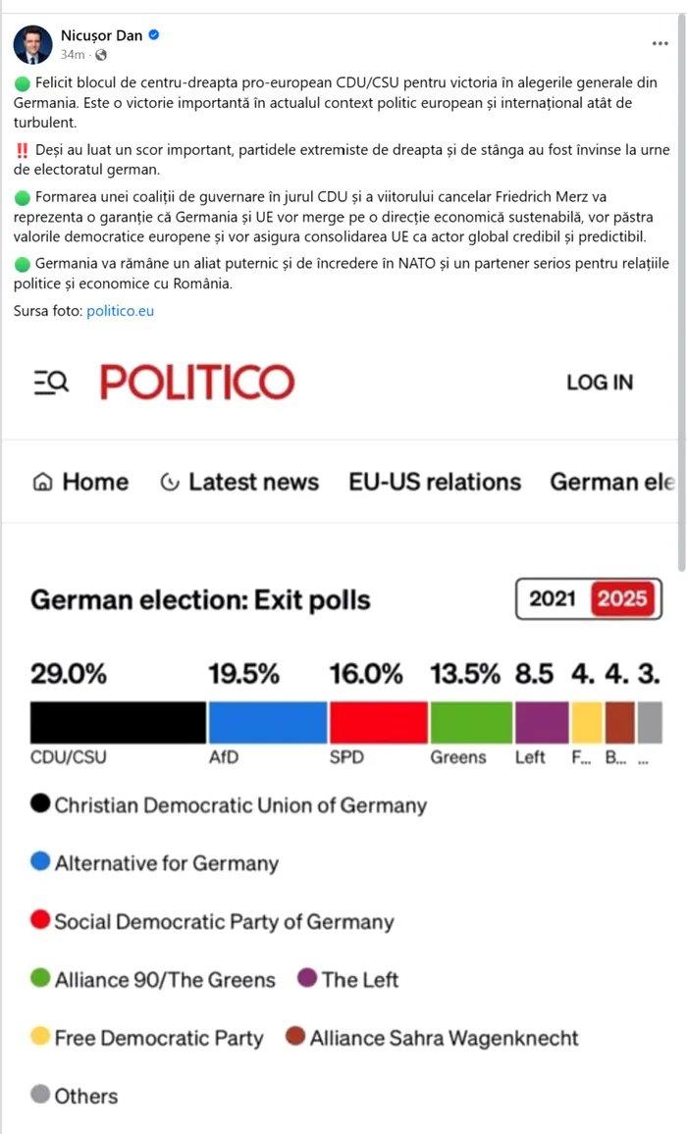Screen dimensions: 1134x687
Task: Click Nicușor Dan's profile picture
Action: tap(32, 44)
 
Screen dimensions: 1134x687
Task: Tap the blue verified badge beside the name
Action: tap(154, 35)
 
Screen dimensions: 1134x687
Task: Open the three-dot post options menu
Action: tap(661, 44)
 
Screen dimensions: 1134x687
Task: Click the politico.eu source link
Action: tap(120, 311)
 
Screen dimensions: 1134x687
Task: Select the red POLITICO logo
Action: tap(197, 383)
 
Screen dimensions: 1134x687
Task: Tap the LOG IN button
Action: tap(600, 383)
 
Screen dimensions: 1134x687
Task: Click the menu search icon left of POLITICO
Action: tap(51, 383)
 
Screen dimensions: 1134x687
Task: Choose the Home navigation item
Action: tap(80, 482)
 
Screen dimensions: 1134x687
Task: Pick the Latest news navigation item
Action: tap(239, 482)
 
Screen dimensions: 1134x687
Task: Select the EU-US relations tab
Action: tap(435, 482)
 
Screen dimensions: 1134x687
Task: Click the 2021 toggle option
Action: tap(553, 598)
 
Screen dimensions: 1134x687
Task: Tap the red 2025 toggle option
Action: tap(623, 598)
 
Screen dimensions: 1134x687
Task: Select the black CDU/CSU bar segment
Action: tap(118, 722)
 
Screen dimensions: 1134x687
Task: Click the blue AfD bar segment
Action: tap(267, 722)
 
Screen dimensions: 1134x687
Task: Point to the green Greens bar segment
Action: tap(471, 722)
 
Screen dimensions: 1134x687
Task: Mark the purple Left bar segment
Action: tap(542, 722)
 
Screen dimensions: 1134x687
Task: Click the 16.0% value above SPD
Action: tap(366, 674)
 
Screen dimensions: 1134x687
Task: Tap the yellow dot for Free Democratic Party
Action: tap(40, 1037)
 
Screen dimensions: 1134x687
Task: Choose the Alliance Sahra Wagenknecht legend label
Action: tap(444, 1038)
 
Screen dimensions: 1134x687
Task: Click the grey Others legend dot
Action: tap(40, 1095)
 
